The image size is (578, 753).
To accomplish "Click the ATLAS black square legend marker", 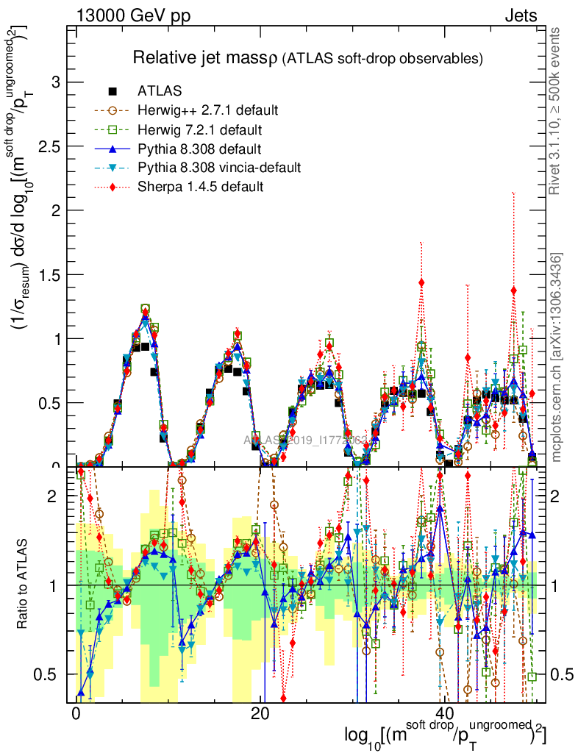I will click(x=113, y=91).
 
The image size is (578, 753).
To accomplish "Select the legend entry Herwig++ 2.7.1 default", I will click(x=207, y=110).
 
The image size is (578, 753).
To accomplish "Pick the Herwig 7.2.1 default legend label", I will click(x=200, y=129).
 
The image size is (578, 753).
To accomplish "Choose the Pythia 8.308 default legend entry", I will click(x=199, y=149).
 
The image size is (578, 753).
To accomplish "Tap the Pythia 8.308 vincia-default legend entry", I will click(x=218, y=168).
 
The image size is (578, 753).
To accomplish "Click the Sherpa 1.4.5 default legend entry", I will click(x=200, y=187).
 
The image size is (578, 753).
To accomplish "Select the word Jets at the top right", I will click(x=521, y=15).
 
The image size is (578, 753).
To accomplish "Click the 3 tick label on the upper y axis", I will click(x=53, y=82).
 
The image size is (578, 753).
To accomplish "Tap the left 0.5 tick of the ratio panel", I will click(x=47, y=674).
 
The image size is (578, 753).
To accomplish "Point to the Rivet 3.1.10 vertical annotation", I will click(x=557, y=110).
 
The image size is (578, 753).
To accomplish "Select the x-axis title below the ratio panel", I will click(x=445, y=736).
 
